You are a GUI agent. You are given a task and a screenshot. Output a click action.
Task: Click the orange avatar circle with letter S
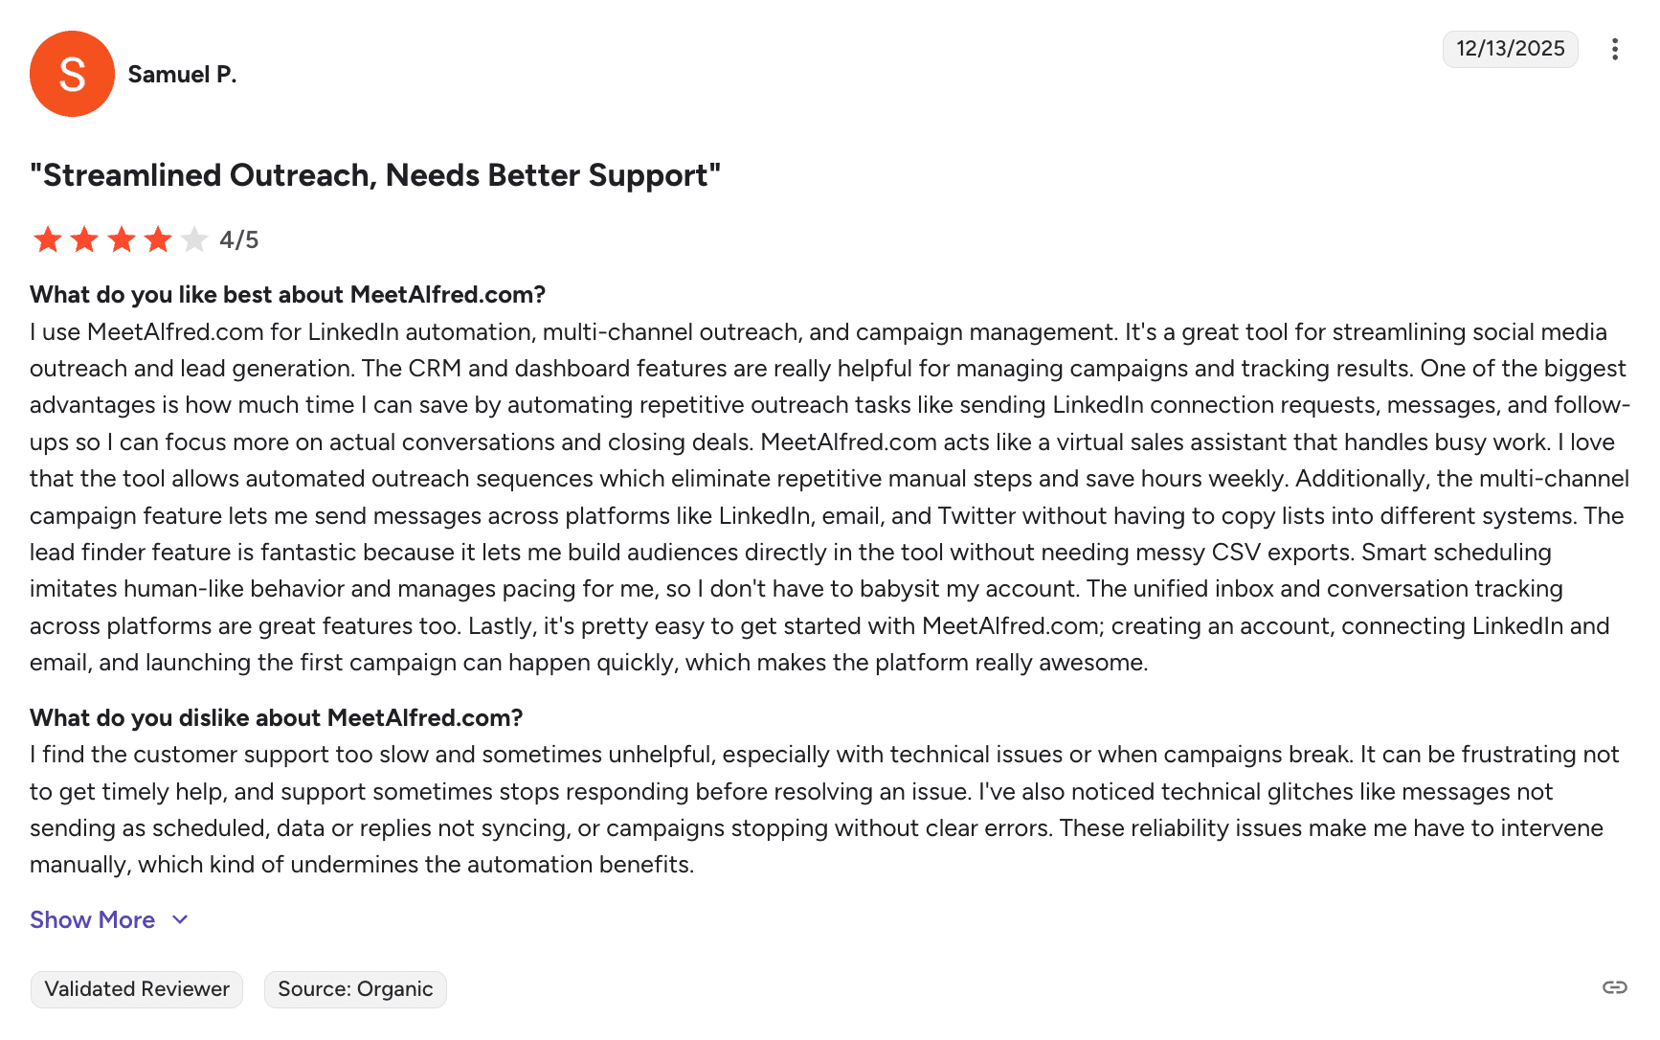click(72, 74)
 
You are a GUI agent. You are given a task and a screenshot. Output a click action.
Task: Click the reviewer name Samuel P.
click(182, 75)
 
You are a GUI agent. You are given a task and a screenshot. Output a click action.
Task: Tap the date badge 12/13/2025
click(1510, 49)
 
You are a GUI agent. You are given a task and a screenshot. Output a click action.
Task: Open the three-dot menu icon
click(1614, 49)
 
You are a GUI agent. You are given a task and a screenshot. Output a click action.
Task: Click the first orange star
click(48, 239)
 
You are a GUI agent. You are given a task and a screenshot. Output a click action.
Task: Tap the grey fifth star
click(194, 239)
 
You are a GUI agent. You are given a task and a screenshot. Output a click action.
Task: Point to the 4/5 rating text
click(239, 239)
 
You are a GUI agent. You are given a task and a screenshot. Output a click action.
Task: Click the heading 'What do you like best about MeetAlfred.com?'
click(287, 295)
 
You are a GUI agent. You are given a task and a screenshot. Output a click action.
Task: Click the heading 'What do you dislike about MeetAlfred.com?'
click(276, 718)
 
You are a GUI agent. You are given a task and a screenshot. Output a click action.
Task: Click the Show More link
click(93, 920)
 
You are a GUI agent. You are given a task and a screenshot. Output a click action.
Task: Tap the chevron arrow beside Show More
click(180, 920)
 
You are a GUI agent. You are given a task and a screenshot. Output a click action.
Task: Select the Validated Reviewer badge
click(137, 989)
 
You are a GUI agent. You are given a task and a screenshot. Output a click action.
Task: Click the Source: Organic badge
click(355, 989)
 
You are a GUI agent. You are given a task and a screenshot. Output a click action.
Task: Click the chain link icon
click(1614, 987)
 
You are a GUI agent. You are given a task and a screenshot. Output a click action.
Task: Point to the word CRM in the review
click(435, 369)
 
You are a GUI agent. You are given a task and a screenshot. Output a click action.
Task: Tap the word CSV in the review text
click(1235, 553)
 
